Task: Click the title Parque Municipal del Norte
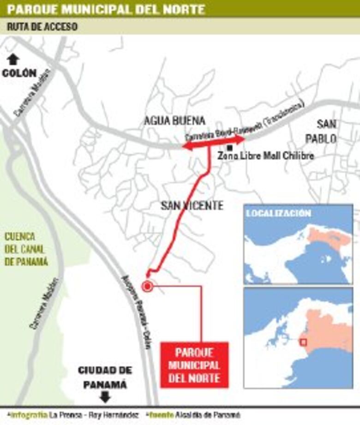click(x=106, y=9)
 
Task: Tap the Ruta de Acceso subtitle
click(x=42, y=27)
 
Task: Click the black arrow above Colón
click(x=13, y=59)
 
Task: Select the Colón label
click(x=19, y=72)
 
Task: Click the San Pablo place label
click(x=327, y=131)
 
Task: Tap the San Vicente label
click(x=192, y=205)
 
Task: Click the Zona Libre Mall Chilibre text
click(x=266, y=156)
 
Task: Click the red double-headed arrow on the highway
click(x=213, y=142)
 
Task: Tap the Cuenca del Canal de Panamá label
click(x=26, y=249)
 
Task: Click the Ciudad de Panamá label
click(x=105, y=377)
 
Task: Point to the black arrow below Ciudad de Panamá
click(x=105, y=396)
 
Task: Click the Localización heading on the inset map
click(x=278, y=213)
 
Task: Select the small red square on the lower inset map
click(x=303, y=342)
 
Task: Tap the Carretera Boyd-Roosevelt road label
click(x=245, y=122)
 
